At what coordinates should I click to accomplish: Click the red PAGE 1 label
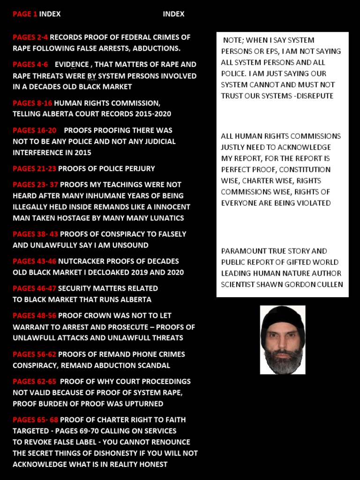[25, 14]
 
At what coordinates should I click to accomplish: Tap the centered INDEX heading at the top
[173, 14]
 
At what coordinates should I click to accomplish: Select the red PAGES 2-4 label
[30, 37]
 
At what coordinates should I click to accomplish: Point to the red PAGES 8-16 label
[32, 103]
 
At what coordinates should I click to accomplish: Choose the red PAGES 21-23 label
[34, 169]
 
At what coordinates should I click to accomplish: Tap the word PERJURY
[139, 169]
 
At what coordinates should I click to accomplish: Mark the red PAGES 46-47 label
[34, 288]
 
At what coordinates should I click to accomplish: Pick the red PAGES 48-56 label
[34, 315]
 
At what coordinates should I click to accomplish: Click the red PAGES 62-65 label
[34, 382]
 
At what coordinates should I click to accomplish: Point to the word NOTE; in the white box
[233, 40]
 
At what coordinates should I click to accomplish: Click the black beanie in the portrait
[282, 316]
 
